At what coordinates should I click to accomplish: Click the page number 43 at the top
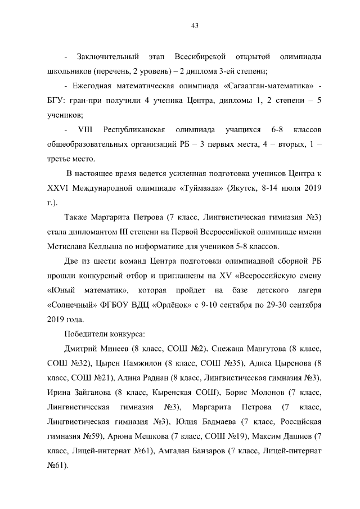195,25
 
